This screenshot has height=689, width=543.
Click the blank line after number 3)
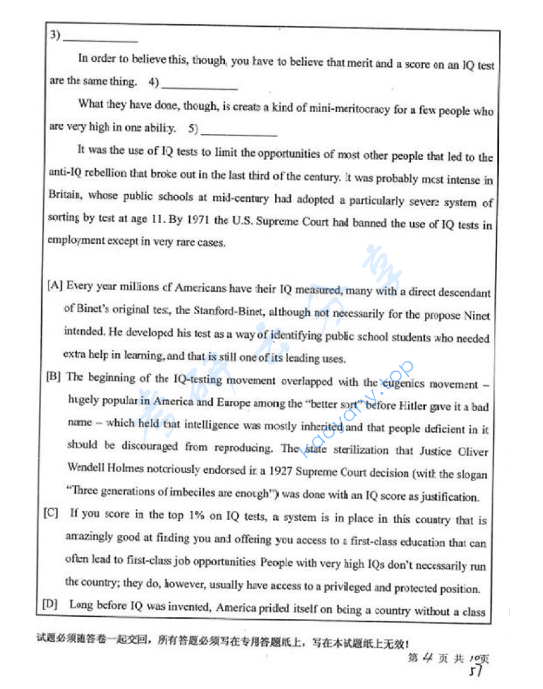click(100, 40)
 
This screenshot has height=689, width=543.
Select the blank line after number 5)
click(239, 133)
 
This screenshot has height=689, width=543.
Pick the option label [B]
click(54, 377)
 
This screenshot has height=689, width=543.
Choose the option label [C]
click(52, 513)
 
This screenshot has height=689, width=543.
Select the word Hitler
click(414, 406)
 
